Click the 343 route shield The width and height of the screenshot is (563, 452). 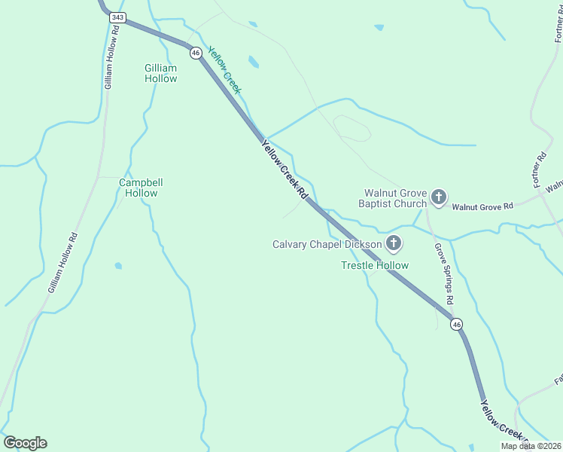pos(117,17)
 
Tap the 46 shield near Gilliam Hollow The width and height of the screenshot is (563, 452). pos(196,53)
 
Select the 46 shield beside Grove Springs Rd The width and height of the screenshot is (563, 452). pos(456,324)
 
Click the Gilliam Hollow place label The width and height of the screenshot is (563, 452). pos(161,73)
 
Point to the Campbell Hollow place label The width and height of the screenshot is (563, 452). pos(141,188)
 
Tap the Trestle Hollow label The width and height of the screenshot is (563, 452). pos(375,265)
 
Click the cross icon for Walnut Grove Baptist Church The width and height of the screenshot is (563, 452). pos(439,198)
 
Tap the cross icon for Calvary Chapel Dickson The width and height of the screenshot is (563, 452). pos(393,243)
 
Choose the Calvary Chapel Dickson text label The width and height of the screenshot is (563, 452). pos(327,244)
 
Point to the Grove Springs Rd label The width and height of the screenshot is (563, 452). pos(444,273)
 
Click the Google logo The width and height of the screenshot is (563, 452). pos(25,443)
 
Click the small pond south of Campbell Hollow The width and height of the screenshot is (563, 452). pos(118,266)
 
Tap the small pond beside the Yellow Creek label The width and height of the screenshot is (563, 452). pos(254,62)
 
